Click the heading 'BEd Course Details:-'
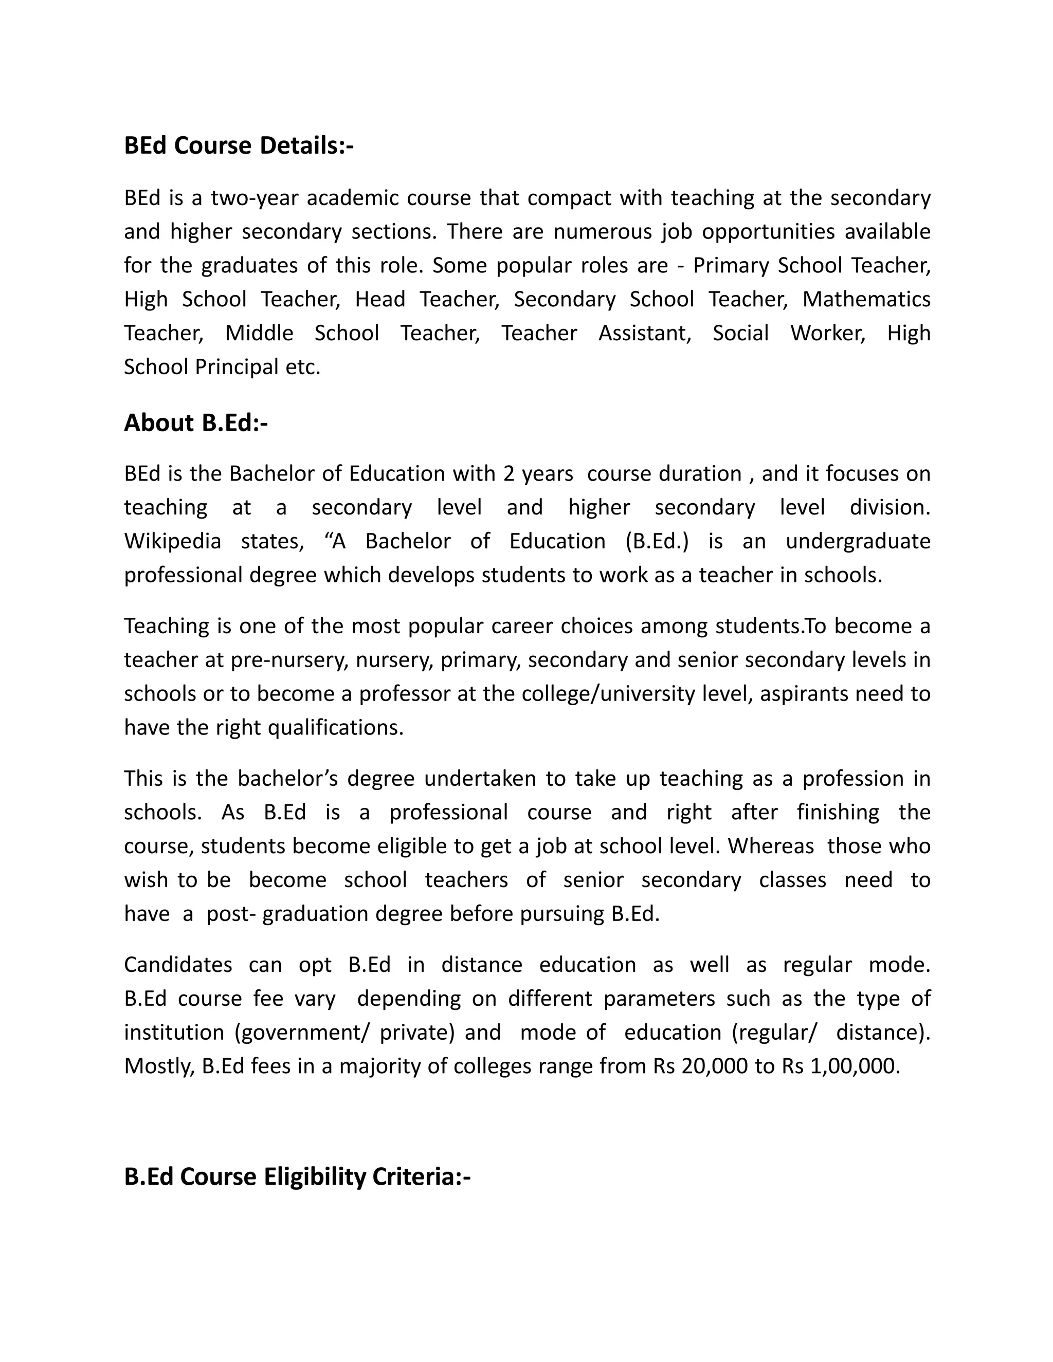pyautogui.click(x=238, y=145)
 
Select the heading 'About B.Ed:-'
pyautogui.click(x=195, y=423)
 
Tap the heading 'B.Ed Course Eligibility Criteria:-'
pyautogui.click(x=297, y=1177)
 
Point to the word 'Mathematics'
pyautogui.click(x=866, y=299)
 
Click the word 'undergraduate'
pyautogui.click(x=858, y=541)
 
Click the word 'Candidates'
pyautogui.click(x=178, y=965)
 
